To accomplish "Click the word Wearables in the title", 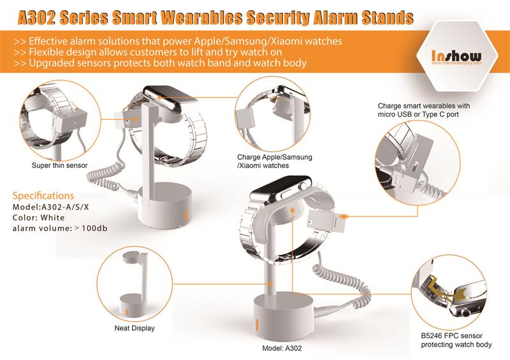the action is [x=203, y=17].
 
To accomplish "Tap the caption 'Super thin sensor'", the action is [x=59, y=165].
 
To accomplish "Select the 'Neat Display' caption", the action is [x=135, y=328].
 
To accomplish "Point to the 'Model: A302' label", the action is [x=282, y=349].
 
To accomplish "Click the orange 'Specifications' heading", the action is [x=43, y=196].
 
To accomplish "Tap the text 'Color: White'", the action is [x=39, y=217].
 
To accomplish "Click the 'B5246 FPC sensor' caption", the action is [x=452, y=336].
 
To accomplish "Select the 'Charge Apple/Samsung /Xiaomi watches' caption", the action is [x=275, y=161].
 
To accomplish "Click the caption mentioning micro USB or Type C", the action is [x=424, y=110].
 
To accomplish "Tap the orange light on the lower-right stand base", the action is [x=257, y=324].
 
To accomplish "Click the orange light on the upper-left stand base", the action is [x=186, y=215].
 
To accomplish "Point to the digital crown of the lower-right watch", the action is [x=304, y=186].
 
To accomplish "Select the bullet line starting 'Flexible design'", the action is [x=148, y=52].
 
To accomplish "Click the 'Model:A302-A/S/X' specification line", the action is [x=51, y=207].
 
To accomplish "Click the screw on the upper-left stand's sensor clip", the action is [x=128, y=123].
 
